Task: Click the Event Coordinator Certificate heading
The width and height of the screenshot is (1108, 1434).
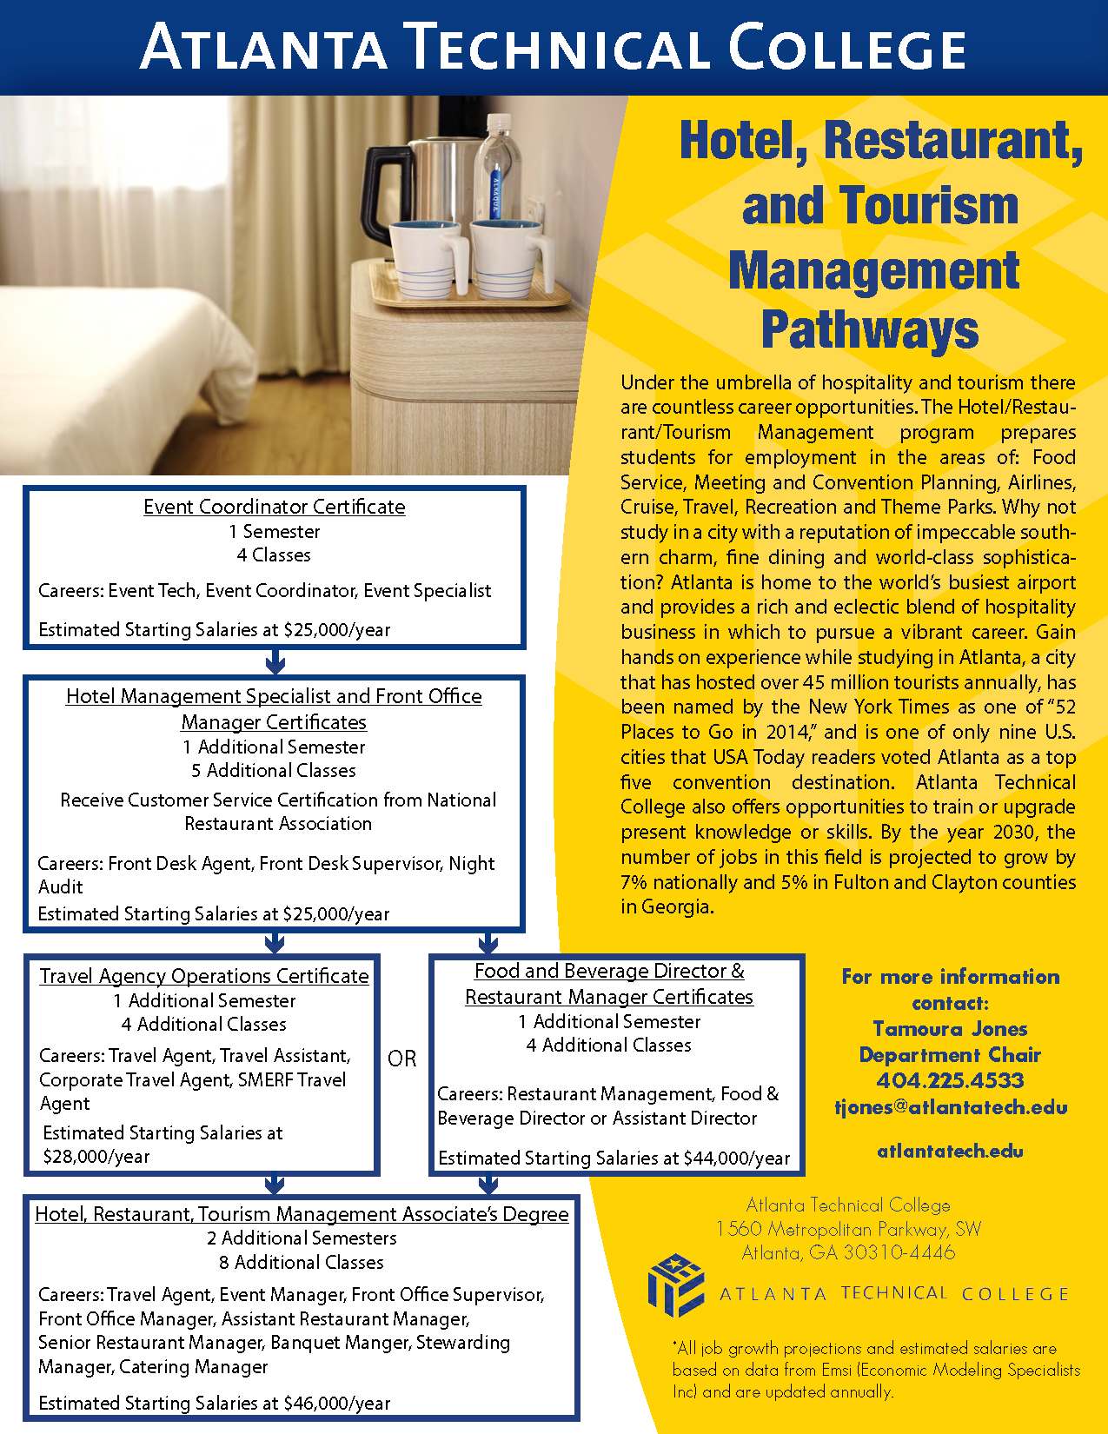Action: pyautogui.click(x=275, y=507)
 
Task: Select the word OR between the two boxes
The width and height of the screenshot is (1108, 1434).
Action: pyautogui.click(x=402, y=1059)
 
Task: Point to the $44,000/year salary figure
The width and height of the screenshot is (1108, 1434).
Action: pyautogui.click(x=737, y=1158)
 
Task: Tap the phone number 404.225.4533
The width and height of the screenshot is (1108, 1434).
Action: pyautogui.click(x=950, y=1080)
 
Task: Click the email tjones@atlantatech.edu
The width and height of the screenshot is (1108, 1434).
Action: pyautogui.click(x=950, y=1107)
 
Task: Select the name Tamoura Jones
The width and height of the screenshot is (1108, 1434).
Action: pyautogui.click(x=950, y=1029)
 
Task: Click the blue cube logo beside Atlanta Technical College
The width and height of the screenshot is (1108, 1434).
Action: pyautogui.click(x=676, y=1285)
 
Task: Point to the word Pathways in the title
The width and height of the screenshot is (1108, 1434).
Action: pyautogui.click(x=870, y=330)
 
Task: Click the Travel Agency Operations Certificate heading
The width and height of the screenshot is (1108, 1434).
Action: pyautogui.click(x=204, y=976)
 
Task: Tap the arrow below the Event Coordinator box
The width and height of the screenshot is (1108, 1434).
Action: pyautogui.click(x=275, y=662)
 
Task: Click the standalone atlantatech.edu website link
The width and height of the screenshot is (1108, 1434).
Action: pyautogui.click(x=950, y=1152)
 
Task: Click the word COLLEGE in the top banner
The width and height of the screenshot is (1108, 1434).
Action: pyautogui.click(x=846, y=48)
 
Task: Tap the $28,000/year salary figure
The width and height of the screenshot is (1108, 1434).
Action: pyautogui.click(x=96, y=1157)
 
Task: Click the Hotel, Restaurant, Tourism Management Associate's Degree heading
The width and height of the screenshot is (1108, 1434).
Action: pyautogui.click(x=302, y=1214)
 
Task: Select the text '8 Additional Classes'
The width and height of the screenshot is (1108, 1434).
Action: pyautogui.click(x=302, y=1262)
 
